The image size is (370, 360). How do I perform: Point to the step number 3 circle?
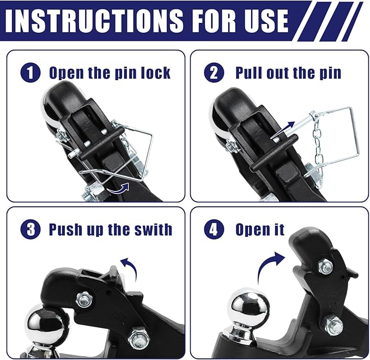31,229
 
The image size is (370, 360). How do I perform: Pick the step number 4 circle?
214,229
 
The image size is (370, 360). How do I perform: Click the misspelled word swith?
151,229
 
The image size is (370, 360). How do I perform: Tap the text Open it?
260,229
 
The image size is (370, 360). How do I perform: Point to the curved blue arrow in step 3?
129,267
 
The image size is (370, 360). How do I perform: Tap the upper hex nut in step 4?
325,267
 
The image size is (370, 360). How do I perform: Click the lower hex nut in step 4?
333,326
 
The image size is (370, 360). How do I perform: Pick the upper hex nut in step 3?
84,298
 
